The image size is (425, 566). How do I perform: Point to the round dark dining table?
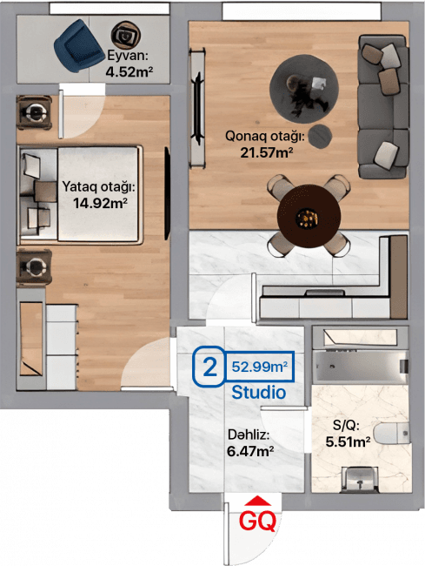point(303,215)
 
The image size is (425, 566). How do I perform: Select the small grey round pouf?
point(323,135)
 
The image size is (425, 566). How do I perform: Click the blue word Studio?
point(258,393)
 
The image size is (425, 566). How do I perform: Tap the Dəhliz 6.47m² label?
point(250,442)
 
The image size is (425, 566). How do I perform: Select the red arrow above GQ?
point(258,500)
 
